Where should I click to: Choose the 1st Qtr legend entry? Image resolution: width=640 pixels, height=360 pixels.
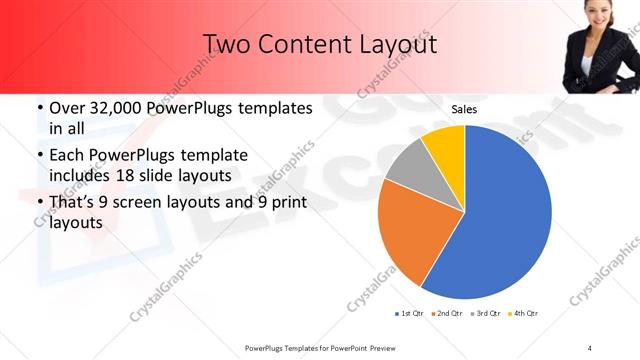click(x=411, y=314)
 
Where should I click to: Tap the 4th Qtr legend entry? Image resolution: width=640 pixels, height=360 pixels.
click(x=523, y=314)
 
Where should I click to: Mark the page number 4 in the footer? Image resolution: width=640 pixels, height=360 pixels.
click(x=589, y=347)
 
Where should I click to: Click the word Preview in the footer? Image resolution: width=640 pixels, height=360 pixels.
click(x=378, y=347)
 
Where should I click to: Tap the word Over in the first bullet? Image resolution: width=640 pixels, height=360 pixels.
click(x=69, y=108)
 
